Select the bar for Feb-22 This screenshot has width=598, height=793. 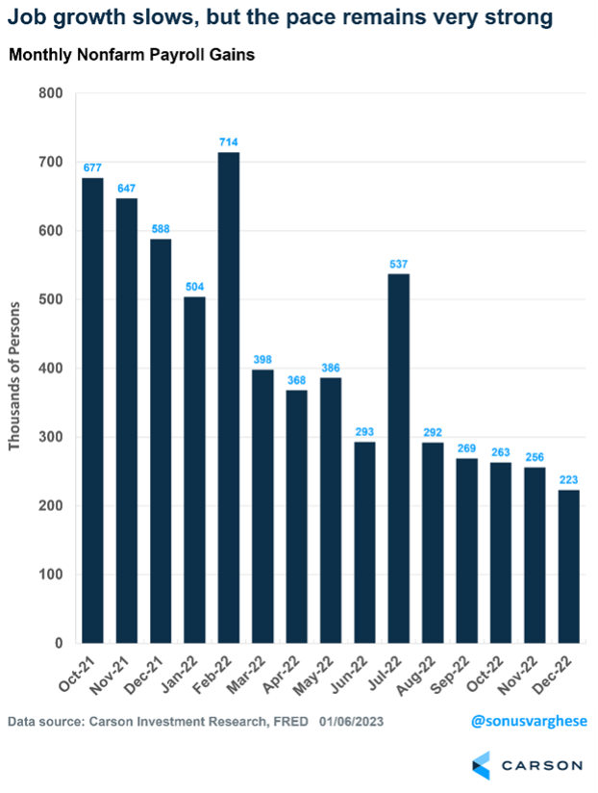coord(229,397)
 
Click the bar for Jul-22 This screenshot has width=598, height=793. coord(400,458)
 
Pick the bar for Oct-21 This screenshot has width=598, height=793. coord(92,410)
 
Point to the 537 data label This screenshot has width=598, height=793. coord(400,265)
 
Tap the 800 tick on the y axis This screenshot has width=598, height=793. coord(50,93)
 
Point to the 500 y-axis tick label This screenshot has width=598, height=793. coord(50,299)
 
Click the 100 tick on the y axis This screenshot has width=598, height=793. coord(50,575)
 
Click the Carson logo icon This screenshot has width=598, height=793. coord(484,765)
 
